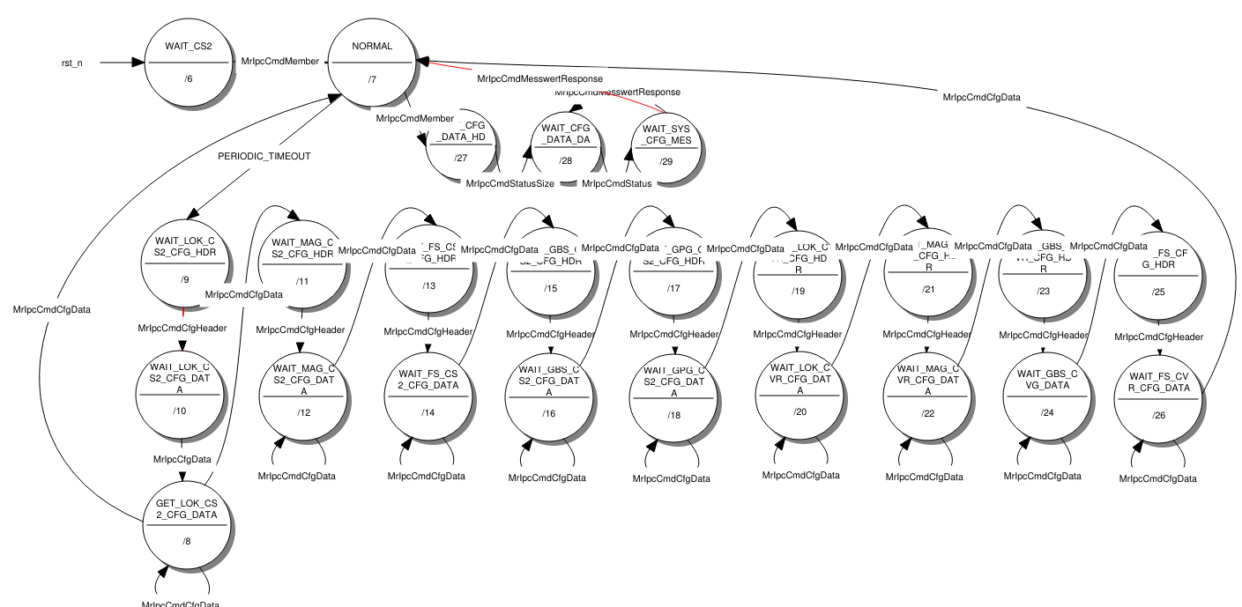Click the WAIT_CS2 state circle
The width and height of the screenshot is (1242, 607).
click(x=188, y=62)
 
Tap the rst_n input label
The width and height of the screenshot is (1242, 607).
click(x=72, y=63)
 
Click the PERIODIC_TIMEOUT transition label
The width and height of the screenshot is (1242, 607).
click(x=264, y=157)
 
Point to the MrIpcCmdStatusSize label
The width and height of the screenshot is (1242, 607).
click(x=509, y=183)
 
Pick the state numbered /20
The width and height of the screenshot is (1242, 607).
click(x=799, y=396)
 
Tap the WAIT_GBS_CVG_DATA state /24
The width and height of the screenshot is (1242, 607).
click(x=1046, y=397)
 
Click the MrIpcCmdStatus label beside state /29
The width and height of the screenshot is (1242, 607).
click(x=616, y=183)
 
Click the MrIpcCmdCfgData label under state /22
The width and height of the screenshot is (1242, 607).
click(x=924, y=477)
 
